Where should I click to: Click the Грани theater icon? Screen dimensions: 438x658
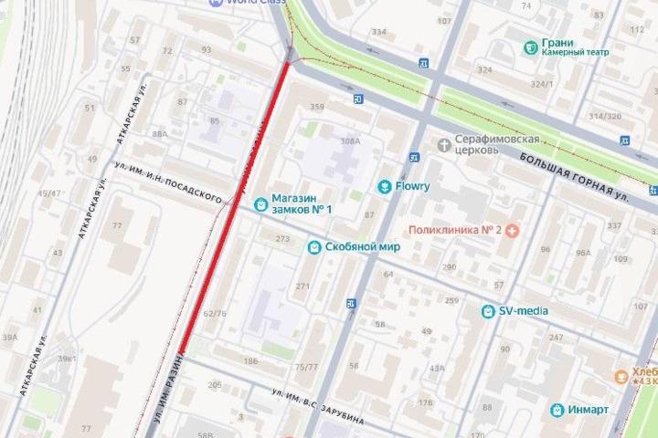530,46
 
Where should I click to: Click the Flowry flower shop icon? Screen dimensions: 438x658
385,187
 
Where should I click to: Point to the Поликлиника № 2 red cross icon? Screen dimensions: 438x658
514,231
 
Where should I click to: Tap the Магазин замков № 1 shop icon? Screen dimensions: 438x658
260,205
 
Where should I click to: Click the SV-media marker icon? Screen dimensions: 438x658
488,311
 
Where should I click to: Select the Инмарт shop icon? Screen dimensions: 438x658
555,410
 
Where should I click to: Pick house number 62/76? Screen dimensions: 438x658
214,313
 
